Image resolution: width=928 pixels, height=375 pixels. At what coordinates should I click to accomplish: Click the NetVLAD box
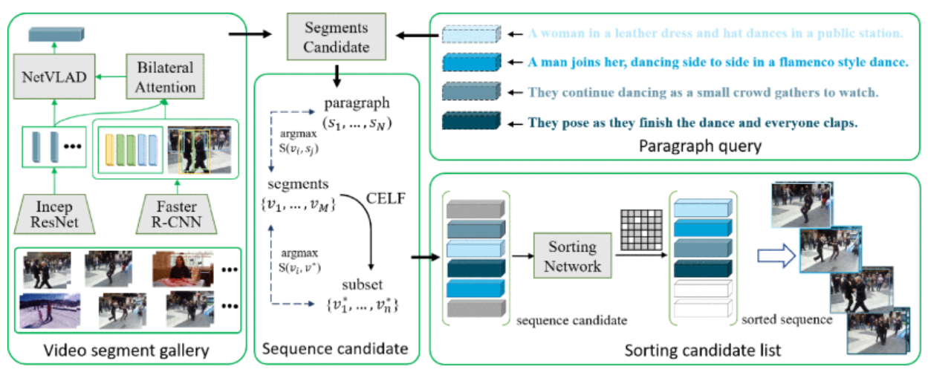[x=54, y=76]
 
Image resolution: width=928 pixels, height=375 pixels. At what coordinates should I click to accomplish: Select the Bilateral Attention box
[x=166, y=76]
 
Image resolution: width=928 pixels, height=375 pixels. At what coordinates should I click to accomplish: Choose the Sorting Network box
[x=574, y=255]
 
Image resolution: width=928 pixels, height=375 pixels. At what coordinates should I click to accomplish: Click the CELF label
[x=382, y=198]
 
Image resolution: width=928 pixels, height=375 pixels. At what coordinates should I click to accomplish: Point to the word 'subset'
[x=362, y=284]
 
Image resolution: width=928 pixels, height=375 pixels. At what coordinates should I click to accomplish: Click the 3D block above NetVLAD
[x=55, y=34]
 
